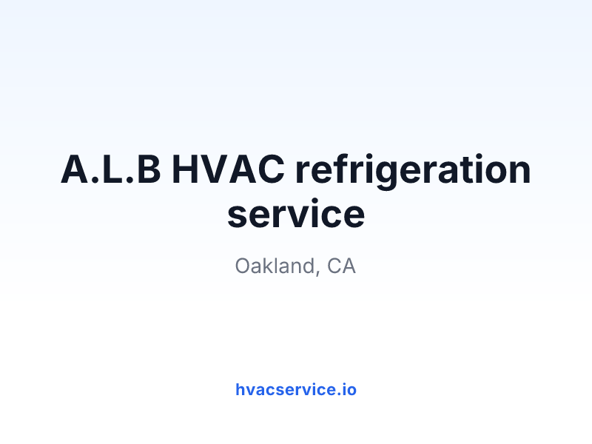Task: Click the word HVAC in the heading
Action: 228,169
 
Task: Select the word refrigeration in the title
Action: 413,172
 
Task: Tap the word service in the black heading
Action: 296,214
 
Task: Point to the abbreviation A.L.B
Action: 111,169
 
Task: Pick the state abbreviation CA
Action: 341,266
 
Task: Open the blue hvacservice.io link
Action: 296,389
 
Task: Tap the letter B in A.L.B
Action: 149,169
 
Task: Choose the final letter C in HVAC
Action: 271,169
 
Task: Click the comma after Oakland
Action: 317,272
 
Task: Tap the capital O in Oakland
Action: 243,266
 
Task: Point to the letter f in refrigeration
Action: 337,169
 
